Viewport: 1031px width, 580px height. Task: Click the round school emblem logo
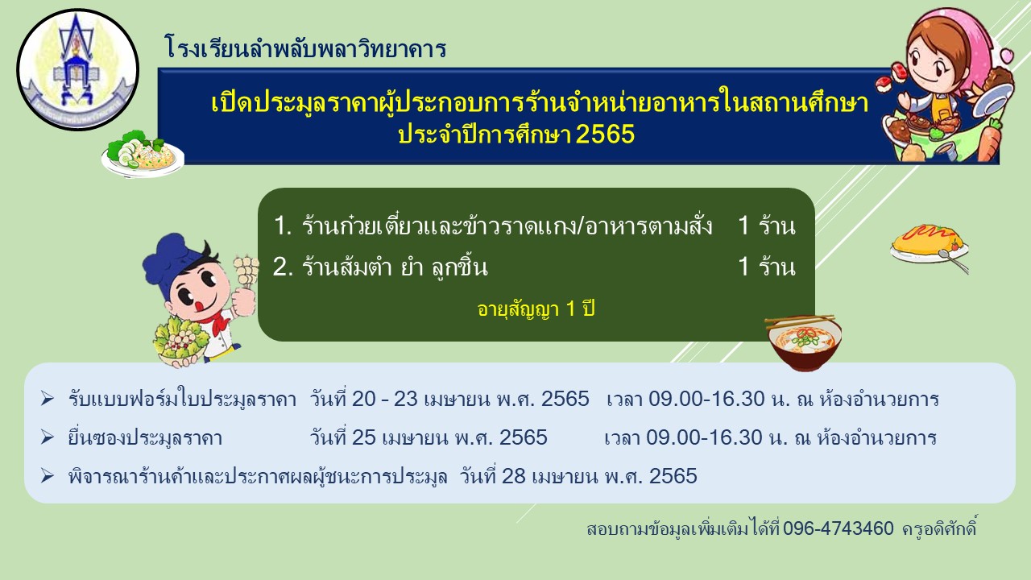(77, 69)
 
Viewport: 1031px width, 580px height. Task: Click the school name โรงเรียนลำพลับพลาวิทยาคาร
(305, 48)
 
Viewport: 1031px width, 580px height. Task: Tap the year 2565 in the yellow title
(605, 135)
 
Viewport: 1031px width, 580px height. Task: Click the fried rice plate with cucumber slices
(143, 153)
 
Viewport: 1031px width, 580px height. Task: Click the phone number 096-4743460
(838, 528)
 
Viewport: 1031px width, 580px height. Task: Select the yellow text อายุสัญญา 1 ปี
(536, 309)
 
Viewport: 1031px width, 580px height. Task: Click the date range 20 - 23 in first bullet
(385, 399)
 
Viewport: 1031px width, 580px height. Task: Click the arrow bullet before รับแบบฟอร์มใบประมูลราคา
(47, 399)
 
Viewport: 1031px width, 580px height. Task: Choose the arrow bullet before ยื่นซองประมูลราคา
(47, 437)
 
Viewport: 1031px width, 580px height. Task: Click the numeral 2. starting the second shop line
(283, 267)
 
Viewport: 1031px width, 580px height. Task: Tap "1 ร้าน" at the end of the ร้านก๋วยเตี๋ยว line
(766, 226)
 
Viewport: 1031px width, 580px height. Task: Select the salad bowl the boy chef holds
(180, 341)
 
